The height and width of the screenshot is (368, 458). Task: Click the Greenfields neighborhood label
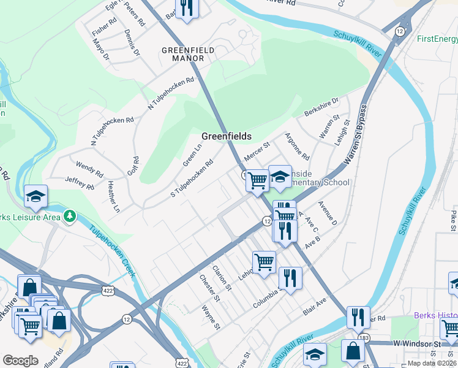point(227,136)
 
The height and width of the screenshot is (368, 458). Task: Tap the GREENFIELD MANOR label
point(183,54)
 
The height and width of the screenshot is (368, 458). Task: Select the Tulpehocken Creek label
point(111,251)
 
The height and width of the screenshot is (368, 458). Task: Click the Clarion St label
point(222,278)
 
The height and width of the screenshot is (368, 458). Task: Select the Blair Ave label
point(315,309)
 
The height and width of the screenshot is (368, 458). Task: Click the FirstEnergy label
point(437,39)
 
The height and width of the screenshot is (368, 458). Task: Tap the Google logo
point(20,361)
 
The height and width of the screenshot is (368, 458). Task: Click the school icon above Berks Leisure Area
point(36,196)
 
